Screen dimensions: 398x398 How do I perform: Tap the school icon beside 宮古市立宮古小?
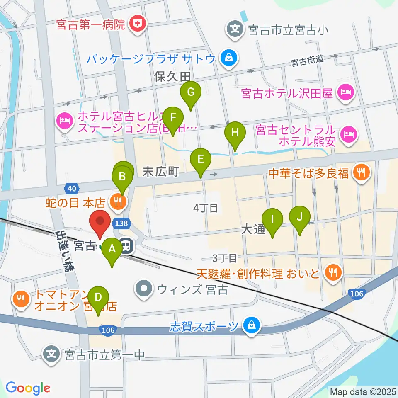click(235, 29)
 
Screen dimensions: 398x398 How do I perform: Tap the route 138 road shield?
click(122, 223)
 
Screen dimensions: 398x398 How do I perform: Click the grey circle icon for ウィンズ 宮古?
click(145, 289)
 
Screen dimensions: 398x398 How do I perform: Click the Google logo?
click(28, 388)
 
